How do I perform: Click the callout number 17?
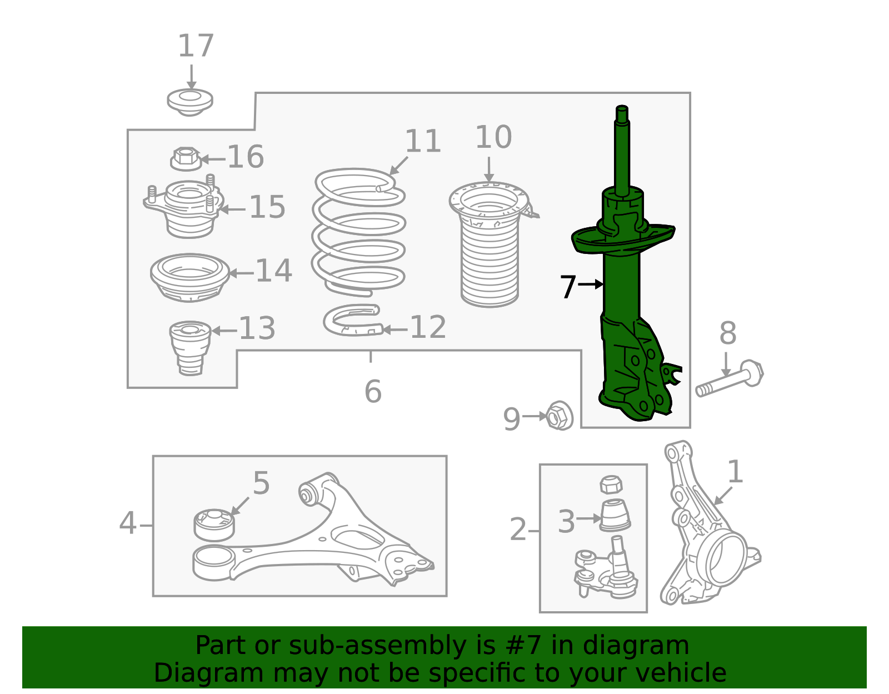(196, 46)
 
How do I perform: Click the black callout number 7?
(568, 287)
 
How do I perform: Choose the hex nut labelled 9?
(560, 416)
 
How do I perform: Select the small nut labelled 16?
(186, 159)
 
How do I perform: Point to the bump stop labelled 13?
(190, 347)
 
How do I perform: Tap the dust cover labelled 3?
(615, 516)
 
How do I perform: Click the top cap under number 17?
(190, 102)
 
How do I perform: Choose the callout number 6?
(373, 392)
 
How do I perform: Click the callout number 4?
(127, 524)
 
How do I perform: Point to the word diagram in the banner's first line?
(647, 646)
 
